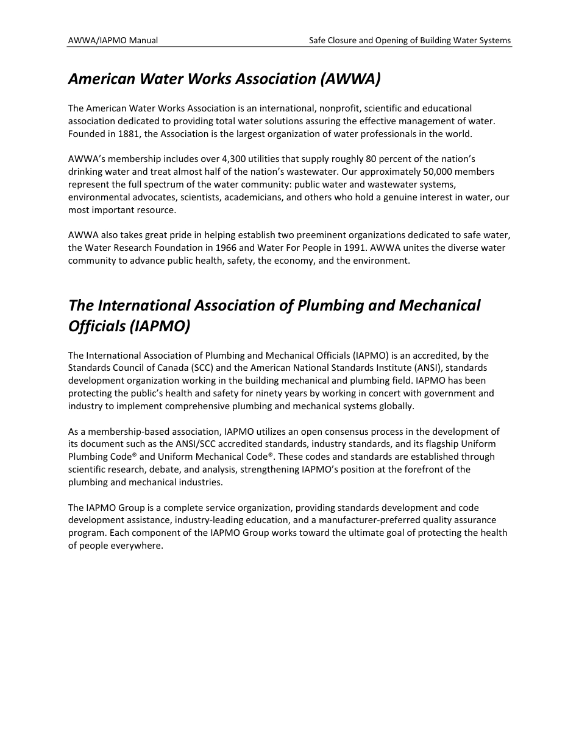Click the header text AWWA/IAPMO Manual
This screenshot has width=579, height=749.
[113, 41]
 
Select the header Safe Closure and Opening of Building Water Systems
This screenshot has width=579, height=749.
[410, 41]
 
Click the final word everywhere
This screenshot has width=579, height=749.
[142, 546]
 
